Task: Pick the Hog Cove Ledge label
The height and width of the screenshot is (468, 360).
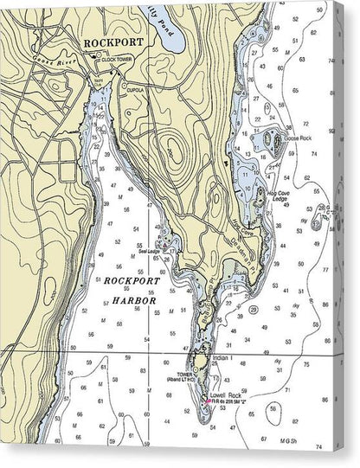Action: tap(282, 198)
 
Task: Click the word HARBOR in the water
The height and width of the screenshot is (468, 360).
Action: tap(126, 300)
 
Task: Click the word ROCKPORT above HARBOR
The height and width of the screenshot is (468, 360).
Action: tap(128, 282)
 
